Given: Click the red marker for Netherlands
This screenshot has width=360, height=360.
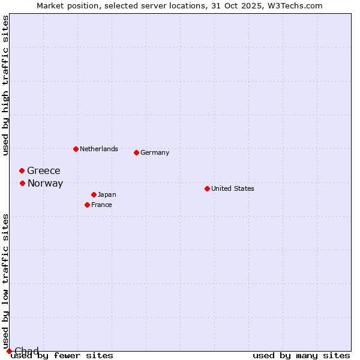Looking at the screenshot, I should [76, 149].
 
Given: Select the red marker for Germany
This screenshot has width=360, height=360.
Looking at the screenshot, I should [136, 152].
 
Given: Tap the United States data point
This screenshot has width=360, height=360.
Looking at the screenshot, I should [207, 188].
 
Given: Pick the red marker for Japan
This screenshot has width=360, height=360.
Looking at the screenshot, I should [94, 194].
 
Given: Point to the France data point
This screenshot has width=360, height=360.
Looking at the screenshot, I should [87, 205].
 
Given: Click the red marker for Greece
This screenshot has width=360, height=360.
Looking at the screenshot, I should [22, 171].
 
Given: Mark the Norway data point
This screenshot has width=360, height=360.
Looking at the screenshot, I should [22, 183].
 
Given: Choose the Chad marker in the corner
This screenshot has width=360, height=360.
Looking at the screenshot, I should [9, 351].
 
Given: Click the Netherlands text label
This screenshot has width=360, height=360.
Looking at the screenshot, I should [98, 149].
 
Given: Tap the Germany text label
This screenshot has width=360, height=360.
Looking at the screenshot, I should [155, 152].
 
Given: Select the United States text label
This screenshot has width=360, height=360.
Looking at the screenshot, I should [232, 188].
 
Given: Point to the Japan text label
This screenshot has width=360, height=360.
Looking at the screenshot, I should [107, 194].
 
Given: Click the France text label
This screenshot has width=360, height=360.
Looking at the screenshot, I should [101, 205].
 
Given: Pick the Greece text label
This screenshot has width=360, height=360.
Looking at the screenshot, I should [44, 171].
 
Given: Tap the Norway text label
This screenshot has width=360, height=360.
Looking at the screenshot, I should [45, 184].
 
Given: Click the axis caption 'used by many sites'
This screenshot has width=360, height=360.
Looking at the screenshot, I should [301, 355].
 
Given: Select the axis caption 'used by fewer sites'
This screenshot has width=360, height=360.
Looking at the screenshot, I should [62, 355].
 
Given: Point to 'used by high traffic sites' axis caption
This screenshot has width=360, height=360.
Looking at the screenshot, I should [5, 85].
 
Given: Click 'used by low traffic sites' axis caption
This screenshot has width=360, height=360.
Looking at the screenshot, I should [5, 281].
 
